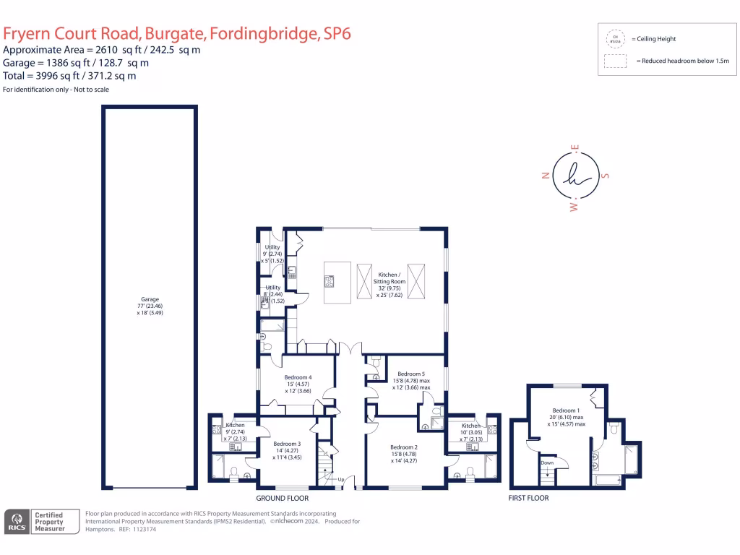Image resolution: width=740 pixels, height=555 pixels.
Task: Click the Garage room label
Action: pos(150,299)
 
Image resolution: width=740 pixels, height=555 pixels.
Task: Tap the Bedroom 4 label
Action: pos(298,377)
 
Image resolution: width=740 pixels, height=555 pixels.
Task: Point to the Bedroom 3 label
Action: pos(287,443)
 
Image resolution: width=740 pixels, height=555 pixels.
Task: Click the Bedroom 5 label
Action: pos(410,374)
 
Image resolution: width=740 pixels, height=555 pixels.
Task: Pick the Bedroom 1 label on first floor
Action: pos(565,410)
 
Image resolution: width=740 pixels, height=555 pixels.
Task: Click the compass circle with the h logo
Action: pos(576,176)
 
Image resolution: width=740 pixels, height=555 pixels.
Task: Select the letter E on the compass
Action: pos(576,147)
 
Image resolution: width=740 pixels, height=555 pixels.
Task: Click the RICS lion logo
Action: pos(16,522)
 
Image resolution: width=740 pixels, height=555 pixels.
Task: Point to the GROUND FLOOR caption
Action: pos(283,499)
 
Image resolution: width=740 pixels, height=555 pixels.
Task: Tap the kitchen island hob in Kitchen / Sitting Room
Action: pos(330,280)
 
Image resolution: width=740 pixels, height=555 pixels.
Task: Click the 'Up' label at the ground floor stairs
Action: pos(340,478)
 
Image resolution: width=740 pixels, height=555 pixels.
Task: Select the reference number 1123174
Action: pos(142,529)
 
